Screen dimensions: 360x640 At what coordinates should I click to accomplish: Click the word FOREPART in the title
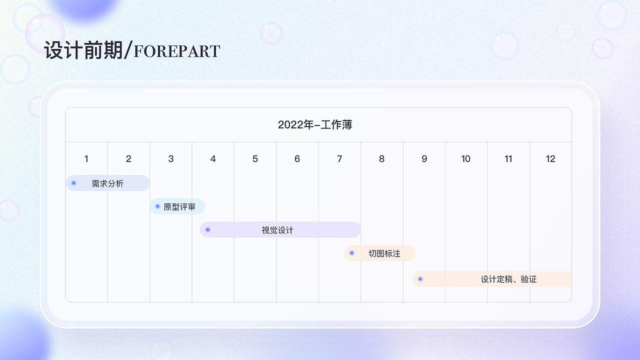pyautogui.click(x=177, y=51)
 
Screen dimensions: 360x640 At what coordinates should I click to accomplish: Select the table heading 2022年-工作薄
pyautogui.click(x=315, y=125)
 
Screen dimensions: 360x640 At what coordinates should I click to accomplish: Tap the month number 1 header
pyautogui.click(x=86, y=159)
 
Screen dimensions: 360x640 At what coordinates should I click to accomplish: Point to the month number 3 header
pyautogui.click(x=171, y=159)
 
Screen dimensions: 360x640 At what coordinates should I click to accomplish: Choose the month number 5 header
pyautogui.click(x=255, y=159)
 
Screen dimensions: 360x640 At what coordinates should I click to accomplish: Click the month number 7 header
pyautogui.click(x=339, y=159)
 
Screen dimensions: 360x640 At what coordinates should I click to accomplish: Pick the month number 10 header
pyautogui.click(x=466, y=159)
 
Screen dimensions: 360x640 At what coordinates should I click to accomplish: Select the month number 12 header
pyautogui.click(x=550, y=159)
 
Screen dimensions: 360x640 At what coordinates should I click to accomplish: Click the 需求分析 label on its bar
pyautogui.click(x=107, y=183)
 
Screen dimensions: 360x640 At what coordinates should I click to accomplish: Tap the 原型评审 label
pyautogui.click(x=179, y=206)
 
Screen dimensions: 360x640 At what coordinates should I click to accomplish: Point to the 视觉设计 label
pyautogui.click(x=277, y=230)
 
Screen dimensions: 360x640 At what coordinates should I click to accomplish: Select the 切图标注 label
pyautogui.click(x=384, y=253)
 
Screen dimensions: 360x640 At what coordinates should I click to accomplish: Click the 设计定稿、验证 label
pyautogui.click(x=508, y=279)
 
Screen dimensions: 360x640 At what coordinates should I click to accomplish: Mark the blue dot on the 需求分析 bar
pyautogui.click(x=73, y=183)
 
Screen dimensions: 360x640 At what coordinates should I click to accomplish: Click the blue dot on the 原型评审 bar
pyautogui.click(x=157, y=206)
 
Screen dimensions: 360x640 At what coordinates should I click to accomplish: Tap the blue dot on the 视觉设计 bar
pyautogui.click(x=208, y=229)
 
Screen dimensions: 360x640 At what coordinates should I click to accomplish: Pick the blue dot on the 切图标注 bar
pyautogui.click(x=352, y=253)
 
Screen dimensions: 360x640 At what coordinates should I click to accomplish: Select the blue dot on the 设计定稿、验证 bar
pyautogui.click(x=420, y=278)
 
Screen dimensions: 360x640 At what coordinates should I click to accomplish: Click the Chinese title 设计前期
pyautogui.click(x=83, y=50)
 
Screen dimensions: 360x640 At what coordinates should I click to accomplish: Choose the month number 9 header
pyautogui.click(x=424, y=159)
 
